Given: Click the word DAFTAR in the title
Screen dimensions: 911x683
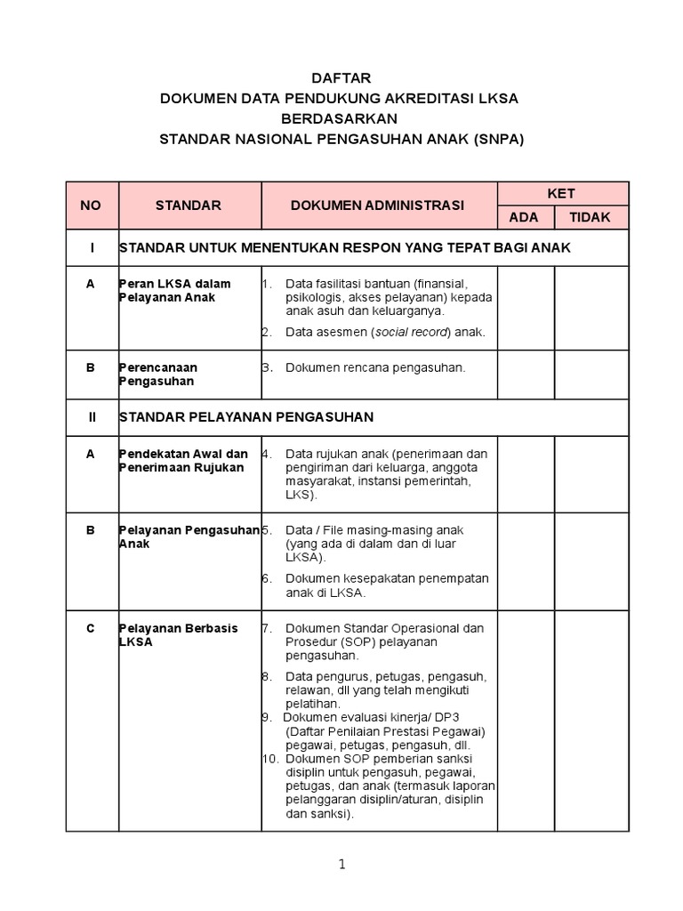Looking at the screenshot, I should point(341,78).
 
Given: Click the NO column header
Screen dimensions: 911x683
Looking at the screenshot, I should point(92,206).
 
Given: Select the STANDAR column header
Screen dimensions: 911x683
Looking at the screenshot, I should point(188,206).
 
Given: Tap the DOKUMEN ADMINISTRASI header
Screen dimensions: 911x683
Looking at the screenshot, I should point(377,206).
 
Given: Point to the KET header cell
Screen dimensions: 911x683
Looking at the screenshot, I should point(561,193).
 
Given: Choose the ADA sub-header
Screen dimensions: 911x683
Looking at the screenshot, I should point(523,217).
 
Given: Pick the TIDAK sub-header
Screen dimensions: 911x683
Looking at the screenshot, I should point(591,217).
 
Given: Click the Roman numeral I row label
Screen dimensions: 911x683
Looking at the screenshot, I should point(91,247).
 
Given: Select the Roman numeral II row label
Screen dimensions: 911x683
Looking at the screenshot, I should point(91,416).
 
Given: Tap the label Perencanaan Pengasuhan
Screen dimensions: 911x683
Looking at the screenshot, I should point(158,375).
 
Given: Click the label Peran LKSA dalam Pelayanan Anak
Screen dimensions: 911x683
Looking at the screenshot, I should point(175,290).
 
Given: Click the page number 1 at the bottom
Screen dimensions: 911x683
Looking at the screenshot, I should point(341,864).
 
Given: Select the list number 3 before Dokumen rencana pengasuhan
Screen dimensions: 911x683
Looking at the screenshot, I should point(266,367).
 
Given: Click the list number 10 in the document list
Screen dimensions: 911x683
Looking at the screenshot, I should point(270,758).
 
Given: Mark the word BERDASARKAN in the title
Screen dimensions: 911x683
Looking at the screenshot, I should point(341,119).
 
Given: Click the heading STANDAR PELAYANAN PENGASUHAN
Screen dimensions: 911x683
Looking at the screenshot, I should point(246,416).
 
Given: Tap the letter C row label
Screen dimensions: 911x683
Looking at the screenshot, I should point(91,628).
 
